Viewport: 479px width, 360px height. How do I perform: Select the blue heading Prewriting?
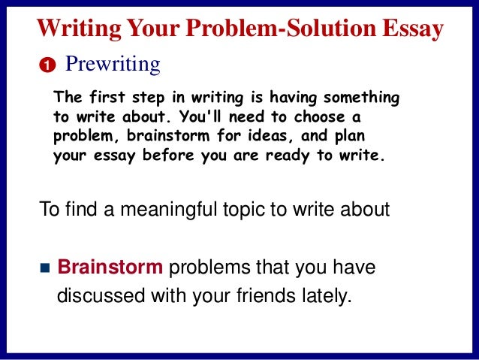113,65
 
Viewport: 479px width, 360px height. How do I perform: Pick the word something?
359,98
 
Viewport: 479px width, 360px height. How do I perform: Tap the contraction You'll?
214,118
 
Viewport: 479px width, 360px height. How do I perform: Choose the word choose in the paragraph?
315,118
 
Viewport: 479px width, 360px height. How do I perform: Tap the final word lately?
329,295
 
